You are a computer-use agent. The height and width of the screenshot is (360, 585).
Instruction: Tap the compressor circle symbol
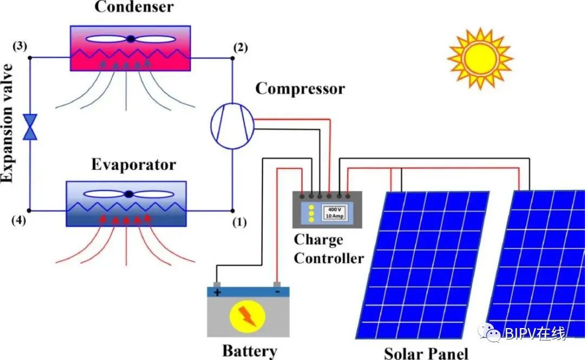tap(232, 126)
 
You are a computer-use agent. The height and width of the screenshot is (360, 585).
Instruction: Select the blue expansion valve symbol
tap(30, 127)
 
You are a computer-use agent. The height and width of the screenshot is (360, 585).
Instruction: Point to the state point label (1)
tap(238, 222)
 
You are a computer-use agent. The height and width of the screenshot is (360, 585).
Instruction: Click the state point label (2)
tap(240, 47)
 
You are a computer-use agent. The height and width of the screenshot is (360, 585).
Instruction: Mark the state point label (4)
tap(18, 220)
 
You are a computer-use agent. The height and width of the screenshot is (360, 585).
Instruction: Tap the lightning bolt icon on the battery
tap(248, 317)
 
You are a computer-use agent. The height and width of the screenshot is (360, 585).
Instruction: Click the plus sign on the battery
tap(218, 292)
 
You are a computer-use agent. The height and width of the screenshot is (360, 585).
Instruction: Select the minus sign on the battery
tap(277, 292)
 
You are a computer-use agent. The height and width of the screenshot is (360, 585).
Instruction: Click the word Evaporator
tap(133, 165)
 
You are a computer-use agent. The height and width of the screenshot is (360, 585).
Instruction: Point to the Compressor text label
tap(300, 89)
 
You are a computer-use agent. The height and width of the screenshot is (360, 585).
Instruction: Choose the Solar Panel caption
tap(426, 352)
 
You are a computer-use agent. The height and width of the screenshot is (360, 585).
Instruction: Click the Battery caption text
tap(249, 351)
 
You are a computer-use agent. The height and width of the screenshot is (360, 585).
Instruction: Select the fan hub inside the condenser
tap(131, 38)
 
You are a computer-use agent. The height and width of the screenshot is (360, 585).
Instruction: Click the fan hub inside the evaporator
tap(128, 193)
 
